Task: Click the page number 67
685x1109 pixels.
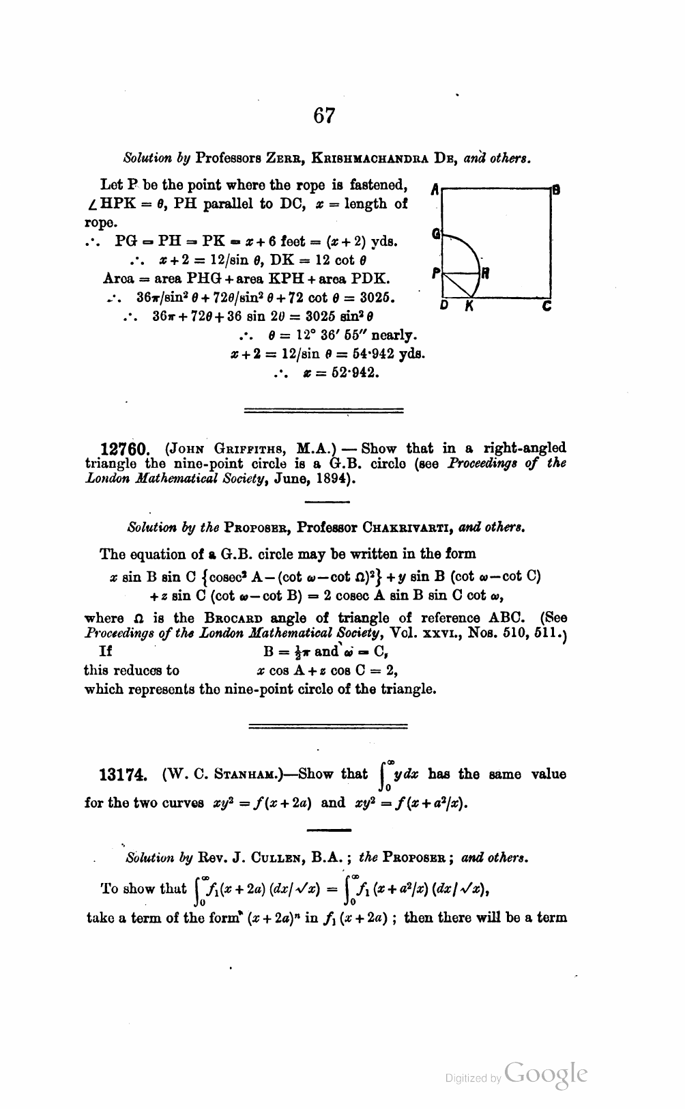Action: point(324,115)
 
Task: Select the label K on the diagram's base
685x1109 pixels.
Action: point(469,307)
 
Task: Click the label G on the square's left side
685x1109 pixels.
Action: point(435,234)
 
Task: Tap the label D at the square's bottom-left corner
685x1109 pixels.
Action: point(443,307)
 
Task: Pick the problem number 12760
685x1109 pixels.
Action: point(123,449)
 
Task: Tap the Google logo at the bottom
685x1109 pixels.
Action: point(546,1073)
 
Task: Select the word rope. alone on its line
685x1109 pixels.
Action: point(100,223)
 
